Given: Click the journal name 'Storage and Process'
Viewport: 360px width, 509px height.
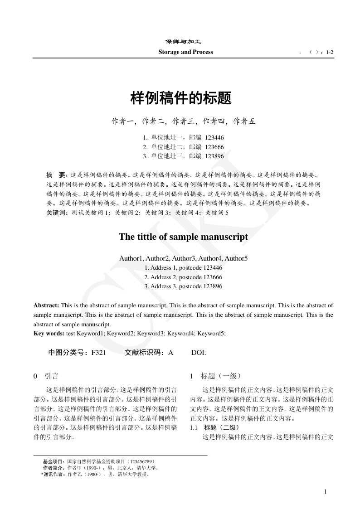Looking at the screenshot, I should coord(185,52).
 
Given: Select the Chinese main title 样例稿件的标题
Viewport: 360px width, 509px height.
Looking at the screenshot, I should coord(181,97).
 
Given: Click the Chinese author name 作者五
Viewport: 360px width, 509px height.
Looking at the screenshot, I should coord(244,121).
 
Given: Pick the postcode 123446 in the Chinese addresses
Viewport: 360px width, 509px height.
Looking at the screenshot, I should coord(214,137).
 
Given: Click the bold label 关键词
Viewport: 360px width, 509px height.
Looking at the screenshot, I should coord(56,213).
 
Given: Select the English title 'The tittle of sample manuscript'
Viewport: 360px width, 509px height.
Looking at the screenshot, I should coord(183,237).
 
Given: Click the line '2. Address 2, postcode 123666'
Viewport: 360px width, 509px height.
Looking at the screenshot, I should coord(183,277).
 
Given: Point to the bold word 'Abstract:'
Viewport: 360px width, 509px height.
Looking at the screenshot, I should coord(46,305).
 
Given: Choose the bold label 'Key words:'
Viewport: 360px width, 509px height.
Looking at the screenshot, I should coord(49,334).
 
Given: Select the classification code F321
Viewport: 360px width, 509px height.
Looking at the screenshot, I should coord(98,353).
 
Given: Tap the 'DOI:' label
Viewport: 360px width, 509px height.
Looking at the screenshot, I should coord(199,353).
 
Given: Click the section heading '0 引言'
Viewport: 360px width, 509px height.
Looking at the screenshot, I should coord(46,376).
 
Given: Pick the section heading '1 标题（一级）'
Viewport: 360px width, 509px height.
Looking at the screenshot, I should coord(215,376).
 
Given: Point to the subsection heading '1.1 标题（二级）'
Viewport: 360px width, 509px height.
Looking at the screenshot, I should coord(214,428).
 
